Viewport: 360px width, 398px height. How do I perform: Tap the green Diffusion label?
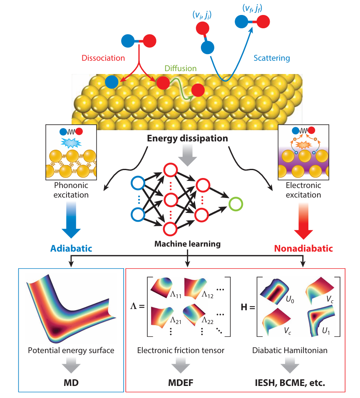coord(180,69)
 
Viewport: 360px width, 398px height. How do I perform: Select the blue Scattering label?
coord(271,58)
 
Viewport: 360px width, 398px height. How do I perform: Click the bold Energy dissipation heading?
coord(188,138)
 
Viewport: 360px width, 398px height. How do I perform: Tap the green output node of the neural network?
coord(235,204)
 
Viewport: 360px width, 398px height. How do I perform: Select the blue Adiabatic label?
coord(71,249)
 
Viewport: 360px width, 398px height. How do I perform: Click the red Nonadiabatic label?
coord(303,249)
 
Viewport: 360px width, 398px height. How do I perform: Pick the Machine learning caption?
coord(188,244)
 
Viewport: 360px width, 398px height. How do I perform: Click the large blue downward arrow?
coord(71,223)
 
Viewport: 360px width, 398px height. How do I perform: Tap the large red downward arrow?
coord(303,223)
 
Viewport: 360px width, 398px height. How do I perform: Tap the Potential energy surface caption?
coord(71,351)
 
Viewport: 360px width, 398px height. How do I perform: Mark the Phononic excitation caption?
coord(72,190)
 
